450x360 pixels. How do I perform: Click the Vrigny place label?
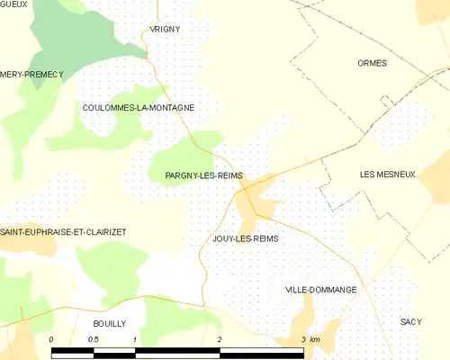pyautogui.click(x=166, y=29)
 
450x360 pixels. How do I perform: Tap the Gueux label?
pyautogui.click(x=13, y=4)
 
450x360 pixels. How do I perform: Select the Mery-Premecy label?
pyautogui.click(x=31, y=74)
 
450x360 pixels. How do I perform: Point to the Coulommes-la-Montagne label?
pyautogui.click(x=138, y=107)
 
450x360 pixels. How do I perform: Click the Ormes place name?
pyautogui.click(x=371, y=63)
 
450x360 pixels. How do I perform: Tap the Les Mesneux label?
pyautogui.click(x=387, y=174)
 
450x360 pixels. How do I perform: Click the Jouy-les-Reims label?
pyautogui.click(x=245, y=238)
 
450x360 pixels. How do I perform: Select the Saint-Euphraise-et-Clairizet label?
pyautogui.click(x=63, y=231)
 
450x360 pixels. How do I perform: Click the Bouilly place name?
pyautogui.click(x=109, y=322)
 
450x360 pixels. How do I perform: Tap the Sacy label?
pyautogui.click(x=411, y=321)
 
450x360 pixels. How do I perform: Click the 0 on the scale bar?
pyautogui.click(x=51, y=338)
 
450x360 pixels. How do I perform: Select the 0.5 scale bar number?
pyautogui.click(x=93, y=338)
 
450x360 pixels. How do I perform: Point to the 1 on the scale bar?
pyautogui.click(x=134, y=338)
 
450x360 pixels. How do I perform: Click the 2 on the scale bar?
pyautogui.click(x=219, y=338)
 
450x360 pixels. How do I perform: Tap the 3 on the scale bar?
pyautogui.click(x=303, y=338)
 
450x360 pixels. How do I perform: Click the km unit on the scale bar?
pyautogui.click(x=315, y=338)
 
